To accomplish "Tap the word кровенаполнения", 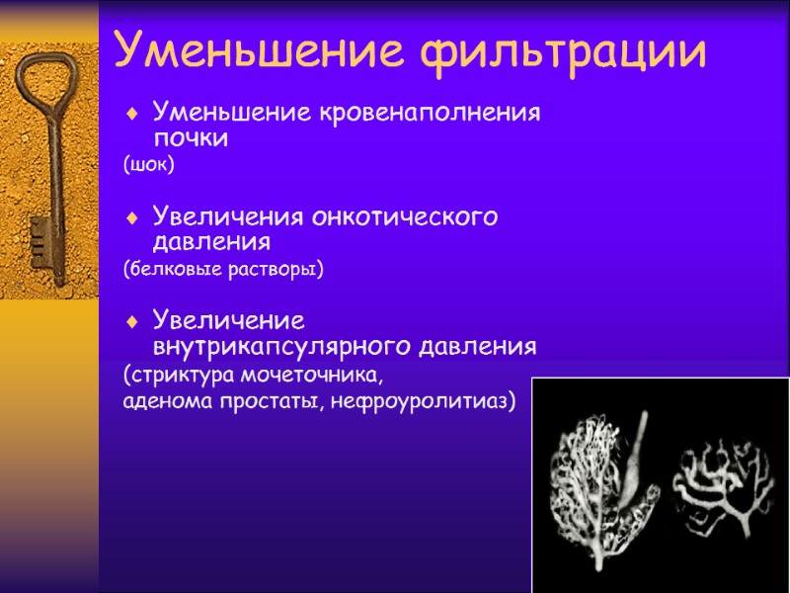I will tap(429, 112).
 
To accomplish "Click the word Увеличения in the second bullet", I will tap(228, 216).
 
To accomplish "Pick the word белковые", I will tap(176, 269).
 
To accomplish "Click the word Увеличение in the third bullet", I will tap(228, 321).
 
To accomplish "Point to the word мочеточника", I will tap(319, 376).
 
